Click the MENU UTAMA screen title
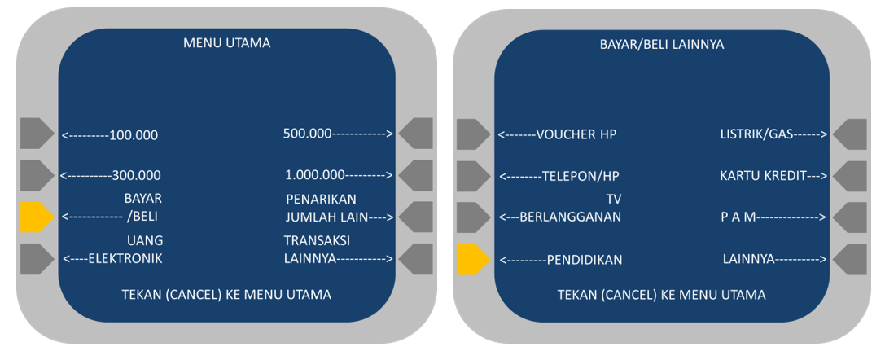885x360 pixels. click(226, 44)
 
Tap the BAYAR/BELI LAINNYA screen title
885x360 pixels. click(661, 44)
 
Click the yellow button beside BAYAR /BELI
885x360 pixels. click(36, 217)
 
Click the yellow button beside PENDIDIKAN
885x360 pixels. click(473, 259)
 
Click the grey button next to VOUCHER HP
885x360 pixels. click(473, 134)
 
